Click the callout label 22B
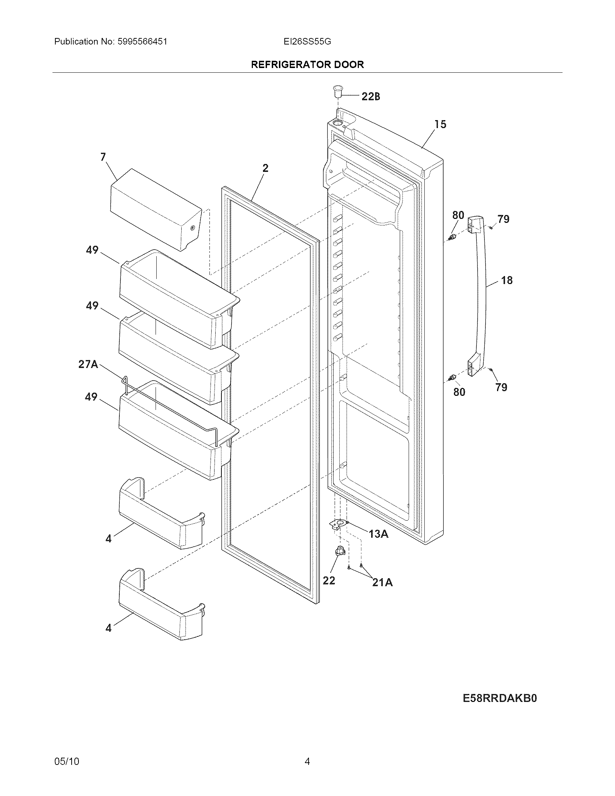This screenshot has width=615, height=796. click(x=370, y=97)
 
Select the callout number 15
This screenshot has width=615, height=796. click(x=440, y=125)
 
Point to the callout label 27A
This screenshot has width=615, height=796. click(x=88, y=364)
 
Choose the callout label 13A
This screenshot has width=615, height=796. click(x=378, y=534)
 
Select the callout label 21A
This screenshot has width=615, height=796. click(x=382, y=583)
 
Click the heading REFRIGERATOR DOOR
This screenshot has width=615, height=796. click(x=307, y=65)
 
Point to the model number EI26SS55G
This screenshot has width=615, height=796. click(x=307, y=42)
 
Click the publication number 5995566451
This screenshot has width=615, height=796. click(x=143, y=42)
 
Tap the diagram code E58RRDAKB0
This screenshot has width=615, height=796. click(x=500, y=697)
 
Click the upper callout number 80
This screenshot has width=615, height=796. click(x=458, y=215)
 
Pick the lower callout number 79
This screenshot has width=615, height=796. click(x=501, y=387)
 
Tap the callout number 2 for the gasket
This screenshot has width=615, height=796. click(x=265, y=168)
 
